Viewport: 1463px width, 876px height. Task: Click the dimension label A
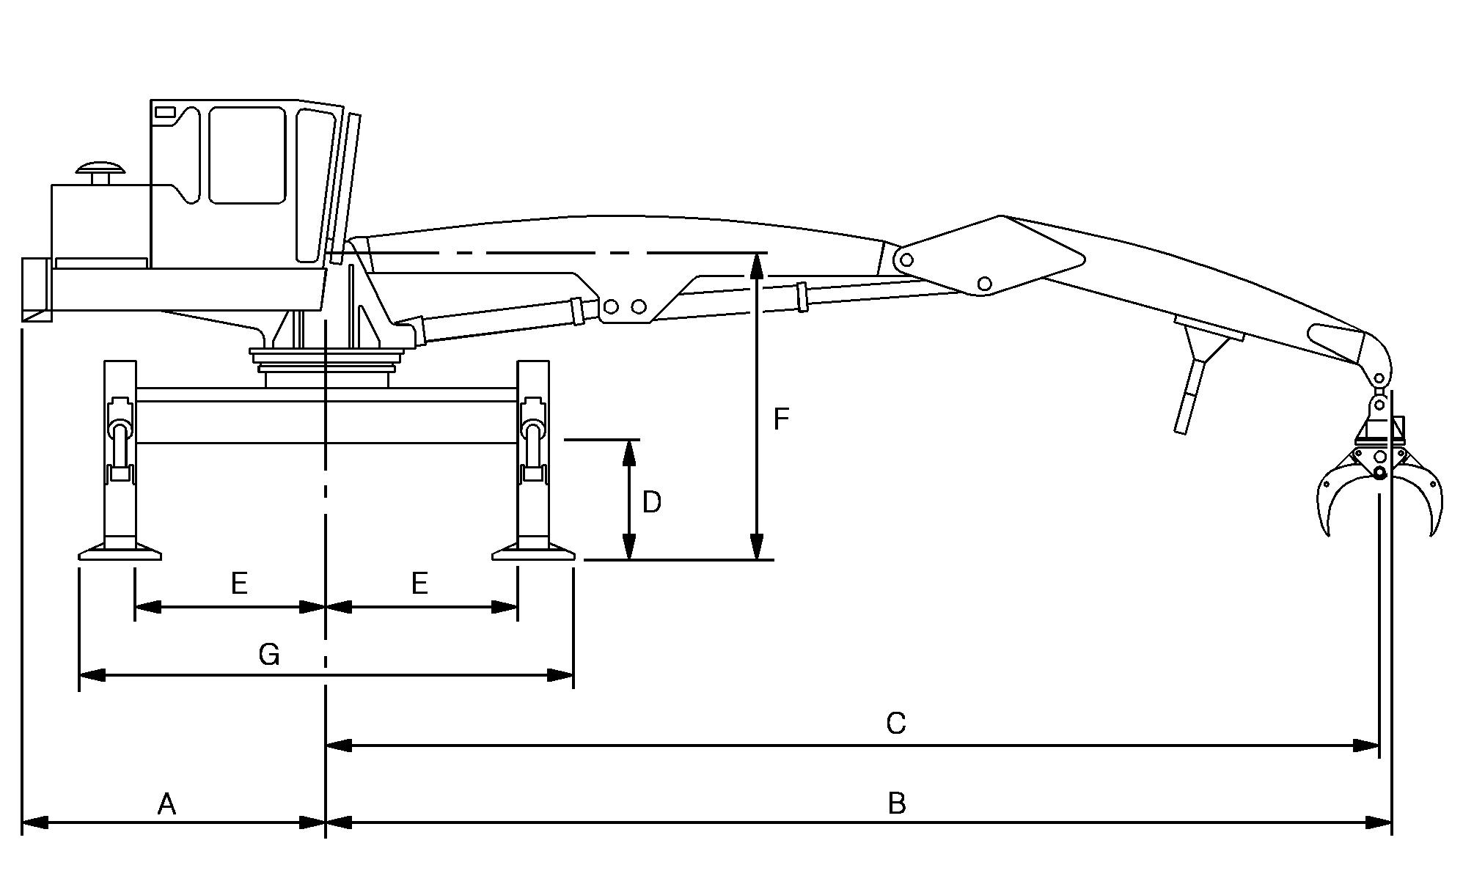pos(166,805)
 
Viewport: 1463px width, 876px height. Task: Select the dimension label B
pos(896,804)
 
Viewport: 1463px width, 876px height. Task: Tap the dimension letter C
pos(895,724)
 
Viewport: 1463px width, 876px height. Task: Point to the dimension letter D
pos(651,502)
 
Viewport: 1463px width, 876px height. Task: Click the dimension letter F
pos(781,419)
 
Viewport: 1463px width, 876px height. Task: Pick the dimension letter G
pos(269,655)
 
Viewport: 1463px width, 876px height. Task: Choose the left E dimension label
pos(239,584)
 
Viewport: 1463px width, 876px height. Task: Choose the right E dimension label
pos(419,584)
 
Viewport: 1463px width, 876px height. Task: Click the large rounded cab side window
pos(247,155)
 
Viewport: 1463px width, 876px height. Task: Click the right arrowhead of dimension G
pos(560,675)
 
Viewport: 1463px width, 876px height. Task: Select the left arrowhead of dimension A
pos(35,822)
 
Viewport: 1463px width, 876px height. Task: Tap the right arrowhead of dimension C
pos(1366,746)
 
